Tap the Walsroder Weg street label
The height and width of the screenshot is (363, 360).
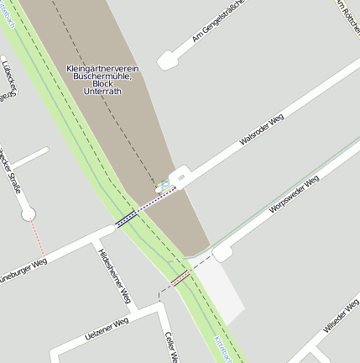pyautogui.click(x=261, y=130)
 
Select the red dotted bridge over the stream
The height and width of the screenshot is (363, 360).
pyautogui.click(x=180, y=278)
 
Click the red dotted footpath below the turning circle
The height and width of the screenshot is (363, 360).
pyautogui.click(x=36, y=239)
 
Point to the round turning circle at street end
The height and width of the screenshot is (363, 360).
pyautogui.click(x=29, y=214)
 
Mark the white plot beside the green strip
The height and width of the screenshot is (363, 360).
pyautogui.click(x=220, y=290)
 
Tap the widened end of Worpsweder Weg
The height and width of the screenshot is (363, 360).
pyautogui.click(x=222, y=253)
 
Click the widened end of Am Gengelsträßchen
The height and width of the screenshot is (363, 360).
pyautogui.click(x=165, y=61)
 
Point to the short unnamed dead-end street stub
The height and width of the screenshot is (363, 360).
pyautogui.click(x=29, y=158)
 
